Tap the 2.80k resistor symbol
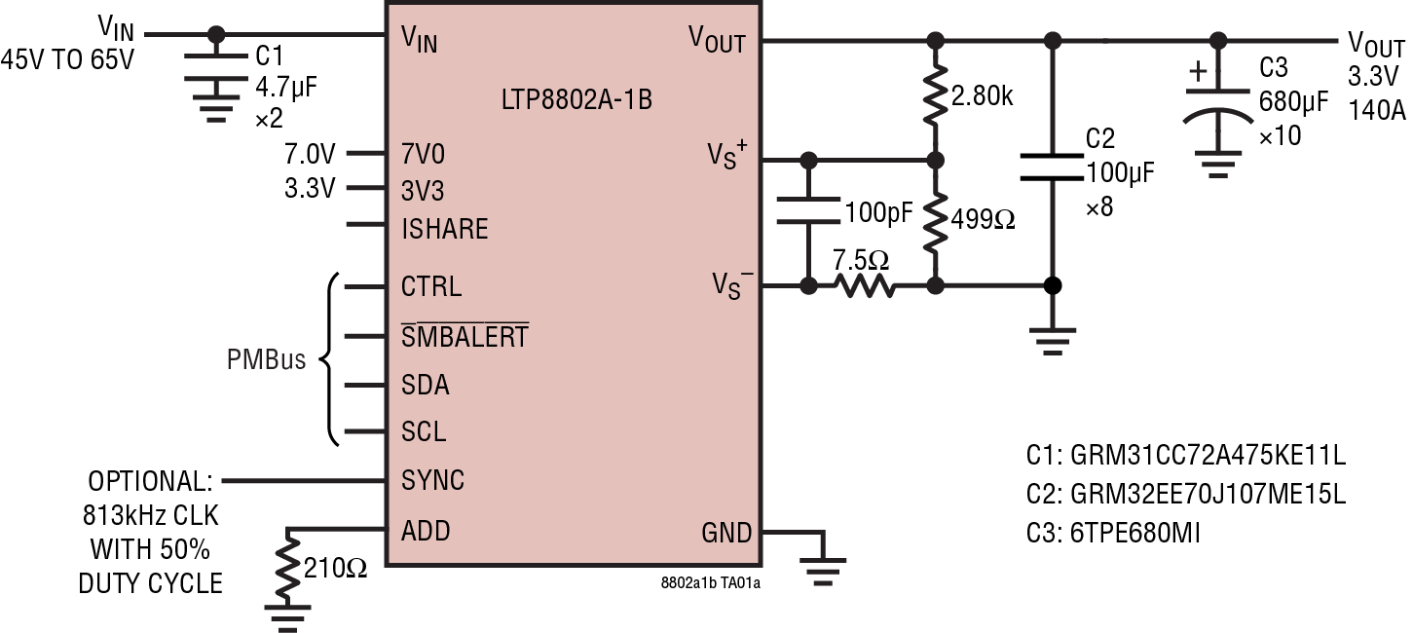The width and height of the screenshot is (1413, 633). [x=935, y=95]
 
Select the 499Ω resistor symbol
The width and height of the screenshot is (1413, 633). [x=935, y=221]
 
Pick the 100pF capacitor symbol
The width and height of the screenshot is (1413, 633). [x=807, y=210]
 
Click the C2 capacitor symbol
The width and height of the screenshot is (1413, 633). [x=1052, y=166]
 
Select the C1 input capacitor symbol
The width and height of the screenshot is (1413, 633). [x=216, y=70]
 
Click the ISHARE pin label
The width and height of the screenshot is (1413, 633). [x=444, y=229]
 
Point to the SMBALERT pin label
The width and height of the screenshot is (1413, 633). [x=465, y=336]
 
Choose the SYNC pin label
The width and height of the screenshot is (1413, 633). [x=432, y=480]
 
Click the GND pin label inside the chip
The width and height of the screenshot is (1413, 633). [x=726, y=533]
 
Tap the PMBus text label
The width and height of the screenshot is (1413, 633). [x=266, y=360]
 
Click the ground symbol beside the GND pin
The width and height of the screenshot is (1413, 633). [x=824, y=570]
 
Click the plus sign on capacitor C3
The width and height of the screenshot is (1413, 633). [x=1199, y=71]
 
